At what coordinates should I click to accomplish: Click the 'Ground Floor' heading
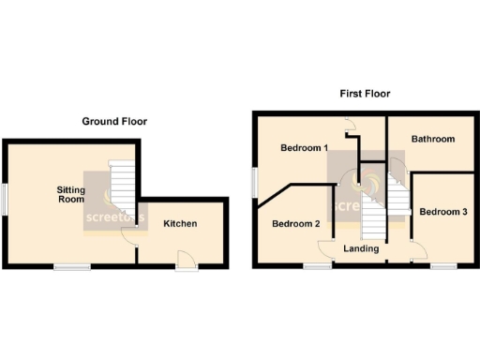[x=114, y=121]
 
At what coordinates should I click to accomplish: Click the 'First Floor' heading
[x=365, y=94]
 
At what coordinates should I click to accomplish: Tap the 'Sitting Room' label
[x=71, y=195]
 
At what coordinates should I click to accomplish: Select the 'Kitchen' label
[x=180, y=224]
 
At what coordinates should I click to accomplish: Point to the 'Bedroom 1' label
[x=304, y=148]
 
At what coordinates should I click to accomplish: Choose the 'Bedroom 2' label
[x=296, y=224]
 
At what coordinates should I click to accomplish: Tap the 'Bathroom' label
[x=433, y=139]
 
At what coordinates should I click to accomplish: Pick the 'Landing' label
[x=361, y=248]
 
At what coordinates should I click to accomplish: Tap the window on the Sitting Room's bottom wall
[x=72, y=267]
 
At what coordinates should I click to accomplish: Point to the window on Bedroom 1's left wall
[x=253, y=182]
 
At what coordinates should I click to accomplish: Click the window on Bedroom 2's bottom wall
[x=316, y=266]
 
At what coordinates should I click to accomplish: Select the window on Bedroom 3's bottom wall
[x=444, y=266]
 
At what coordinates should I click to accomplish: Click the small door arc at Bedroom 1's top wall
[x=348, y=123]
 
